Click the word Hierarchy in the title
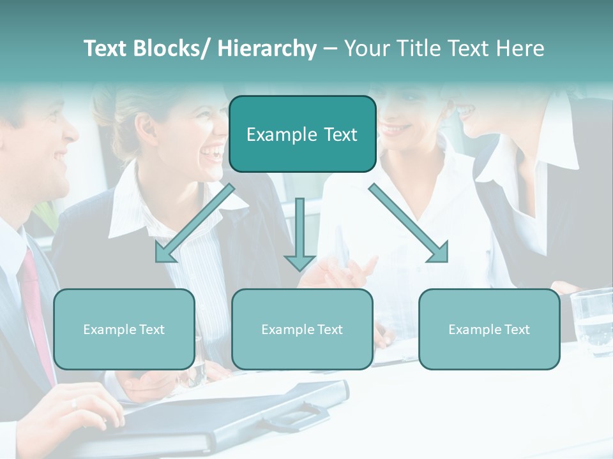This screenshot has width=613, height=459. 267,49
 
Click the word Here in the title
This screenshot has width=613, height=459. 520,49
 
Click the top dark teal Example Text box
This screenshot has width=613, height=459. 302,135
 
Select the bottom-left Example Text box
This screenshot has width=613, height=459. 124,329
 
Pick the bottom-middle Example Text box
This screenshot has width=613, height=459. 302,329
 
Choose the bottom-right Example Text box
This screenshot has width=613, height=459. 489,329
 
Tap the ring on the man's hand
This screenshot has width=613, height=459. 74,403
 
